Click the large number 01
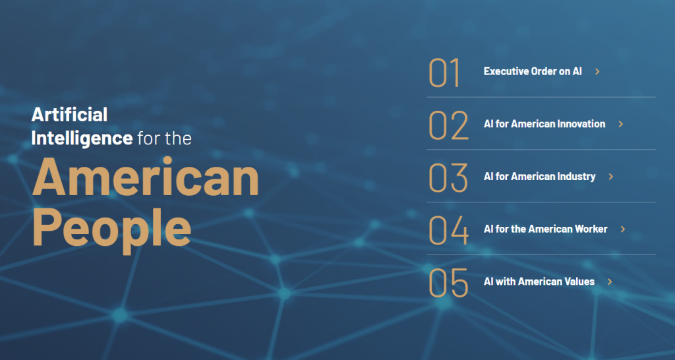click(x=444, y=73)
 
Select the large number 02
click(x=448, y=125)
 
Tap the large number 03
click(x=448, y=177)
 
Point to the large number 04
click(x=448, y=230)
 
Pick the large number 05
click(x=448, y=282)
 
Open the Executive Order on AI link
click(x=533, y=71)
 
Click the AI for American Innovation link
click(x=544, y=124)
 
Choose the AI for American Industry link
click(x=539, y=177)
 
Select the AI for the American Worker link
click(x=545, y=229)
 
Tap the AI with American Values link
click(x=539, y=282)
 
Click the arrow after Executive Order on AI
click(x=597, y=71)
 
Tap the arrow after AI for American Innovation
click(x=621, y=124)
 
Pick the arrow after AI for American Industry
click(x=610, y=177)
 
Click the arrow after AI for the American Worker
click(x=622, y=229)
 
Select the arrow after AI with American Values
click(x=610, y=282)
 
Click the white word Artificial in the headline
click(x=69, y=115)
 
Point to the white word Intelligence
click(x=82, y=138)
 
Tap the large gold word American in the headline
click(x=146, y=177)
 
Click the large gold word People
click(x=111, y=228)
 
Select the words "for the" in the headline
click(x=164, y=138)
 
